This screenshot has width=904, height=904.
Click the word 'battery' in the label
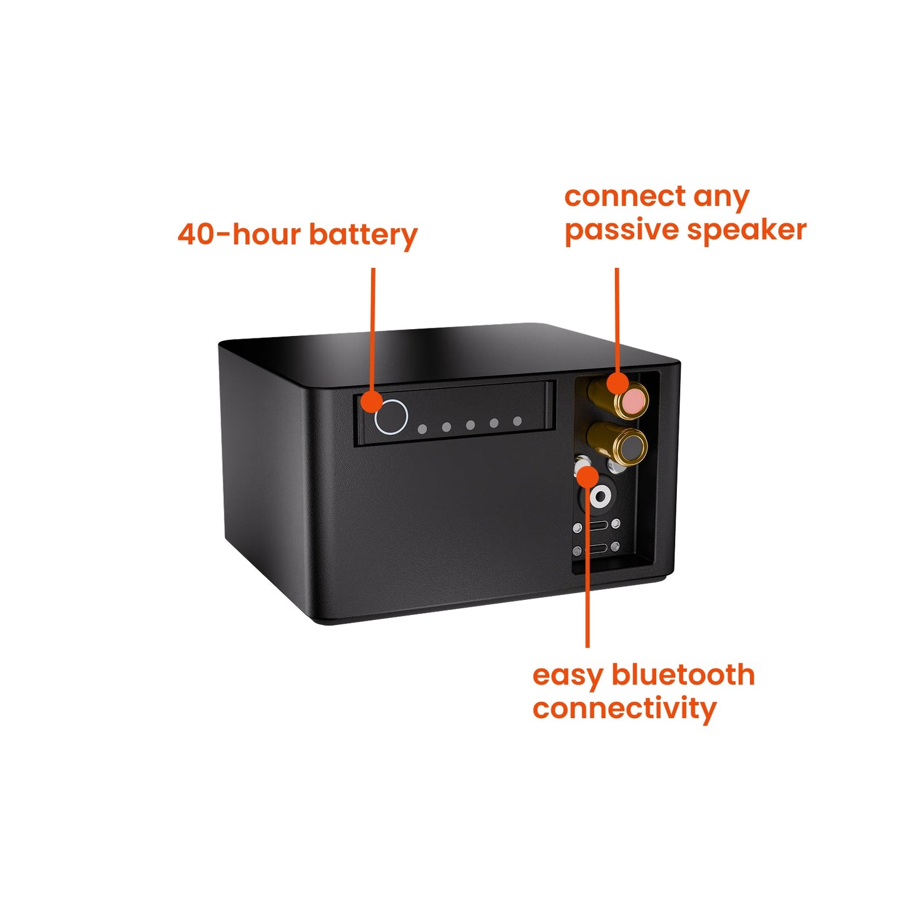363,235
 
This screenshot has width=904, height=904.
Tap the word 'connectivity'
624,708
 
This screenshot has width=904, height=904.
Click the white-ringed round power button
391,417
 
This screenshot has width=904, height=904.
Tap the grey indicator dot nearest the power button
422,429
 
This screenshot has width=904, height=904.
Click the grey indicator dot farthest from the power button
517,421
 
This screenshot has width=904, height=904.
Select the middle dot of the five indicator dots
470,425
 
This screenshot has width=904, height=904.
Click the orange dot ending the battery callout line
373,402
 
